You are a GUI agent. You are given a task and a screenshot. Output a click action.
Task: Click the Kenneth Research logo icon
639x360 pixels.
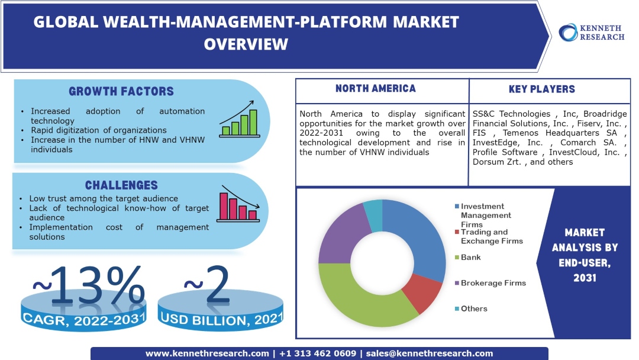[x=568, y=32]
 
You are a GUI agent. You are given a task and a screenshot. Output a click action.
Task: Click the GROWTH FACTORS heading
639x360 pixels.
[x=121, y=91]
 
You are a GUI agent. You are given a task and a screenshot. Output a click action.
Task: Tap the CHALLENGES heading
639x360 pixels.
[x=121, y=185]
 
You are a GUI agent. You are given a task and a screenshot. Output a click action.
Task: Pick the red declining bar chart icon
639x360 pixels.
[x=238, y=204]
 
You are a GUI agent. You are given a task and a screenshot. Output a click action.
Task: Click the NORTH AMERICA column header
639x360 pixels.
[x=375, y=89]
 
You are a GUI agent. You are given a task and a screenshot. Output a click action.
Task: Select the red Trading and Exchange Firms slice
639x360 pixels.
[x=421, y=293]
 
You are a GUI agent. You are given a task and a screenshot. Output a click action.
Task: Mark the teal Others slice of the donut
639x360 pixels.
[x=373, y=208]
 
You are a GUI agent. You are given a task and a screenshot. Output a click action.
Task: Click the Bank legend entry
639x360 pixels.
[x=471, y=258]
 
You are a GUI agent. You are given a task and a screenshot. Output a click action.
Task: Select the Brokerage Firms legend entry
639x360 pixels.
[x=493, y=283]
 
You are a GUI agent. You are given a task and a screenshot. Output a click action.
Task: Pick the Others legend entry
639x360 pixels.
[x=474, y=308]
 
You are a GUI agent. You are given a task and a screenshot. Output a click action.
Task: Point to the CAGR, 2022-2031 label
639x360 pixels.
[x=83, y=320]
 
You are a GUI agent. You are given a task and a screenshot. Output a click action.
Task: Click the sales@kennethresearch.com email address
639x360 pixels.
[x=430, y=353]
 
